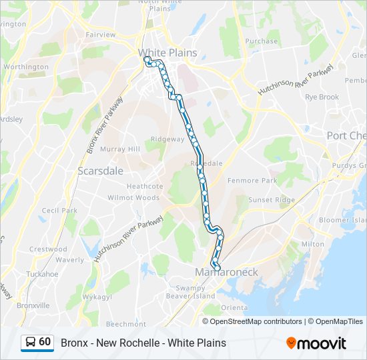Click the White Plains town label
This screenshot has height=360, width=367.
(x=167, y=53)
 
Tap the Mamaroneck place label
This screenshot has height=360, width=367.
(x=226, y=272)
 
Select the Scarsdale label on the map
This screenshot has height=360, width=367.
(x=101, y=171)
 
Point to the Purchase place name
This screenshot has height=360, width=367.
(x=262, y=41)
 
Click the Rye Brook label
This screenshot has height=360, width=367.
(x=322, y=97)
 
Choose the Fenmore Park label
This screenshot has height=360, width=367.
(x=252, y=181)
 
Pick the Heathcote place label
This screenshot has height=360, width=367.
(x=145, y=187)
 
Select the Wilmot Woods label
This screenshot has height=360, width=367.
(x=133, y=198)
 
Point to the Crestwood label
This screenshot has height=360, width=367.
(x=48, y=249)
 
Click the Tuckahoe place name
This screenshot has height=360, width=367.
(x=42, y=274)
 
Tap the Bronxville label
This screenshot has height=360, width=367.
(x=33, y=305)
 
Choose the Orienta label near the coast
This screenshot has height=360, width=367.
(x=234, y=307)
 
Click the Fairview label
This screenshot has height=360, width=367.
(x=100, y=35)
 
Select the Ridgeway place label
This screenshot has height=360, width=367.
(x=167, y=139)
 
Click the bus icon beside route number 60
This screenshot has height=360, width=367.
(x=31, y=342)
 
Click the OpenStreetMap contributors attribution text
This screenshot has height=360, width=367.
(x=256, y=321)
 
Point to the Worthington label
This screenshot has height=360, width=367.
(x=26, y=67)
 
